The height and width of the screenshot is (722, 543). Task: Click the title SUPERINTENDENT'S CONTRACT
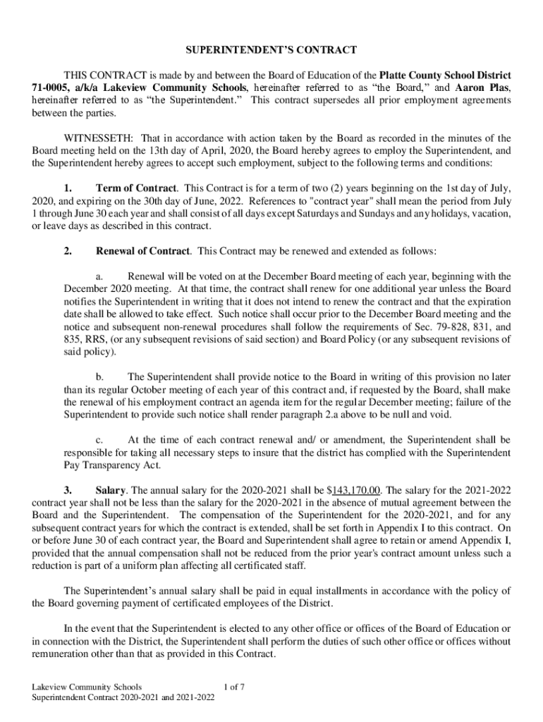point(271,50)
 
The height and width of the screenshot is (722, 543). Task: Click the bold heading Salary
point(109,490)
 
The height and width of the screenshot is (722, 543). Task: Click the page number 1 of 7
point(233,686)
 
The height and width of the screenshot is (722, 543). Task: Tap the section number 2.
point(67,251)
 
